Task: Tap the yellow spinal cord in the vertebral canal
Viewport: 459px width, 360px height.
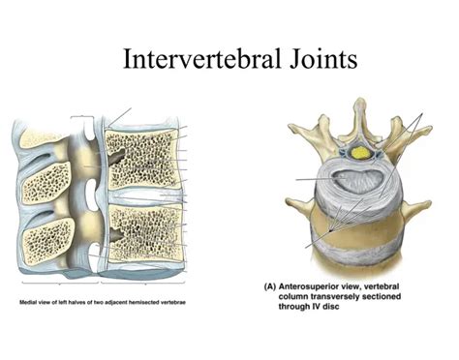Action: (x=360, y=152)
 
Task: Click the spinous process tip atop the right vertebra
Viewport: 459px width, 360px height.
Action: (x=361, y=105)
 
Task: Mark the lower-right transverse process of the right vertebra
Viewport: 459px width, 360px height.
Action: (x=417, y=205)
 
